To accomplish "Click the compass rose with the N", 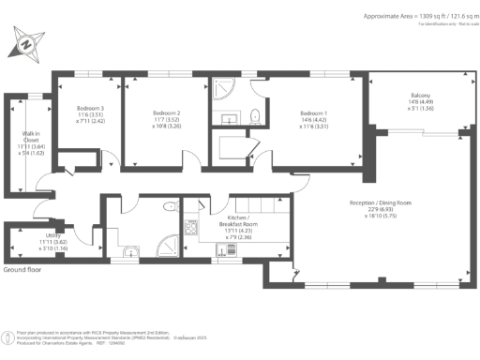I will (x=27, y=42).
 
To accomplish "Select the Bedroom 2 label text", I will (x=166, y=113).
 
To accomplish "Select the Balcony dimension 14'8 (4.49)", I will (x=420, y=109).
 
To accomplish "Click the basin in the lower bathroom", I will (x=130, y=250).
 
